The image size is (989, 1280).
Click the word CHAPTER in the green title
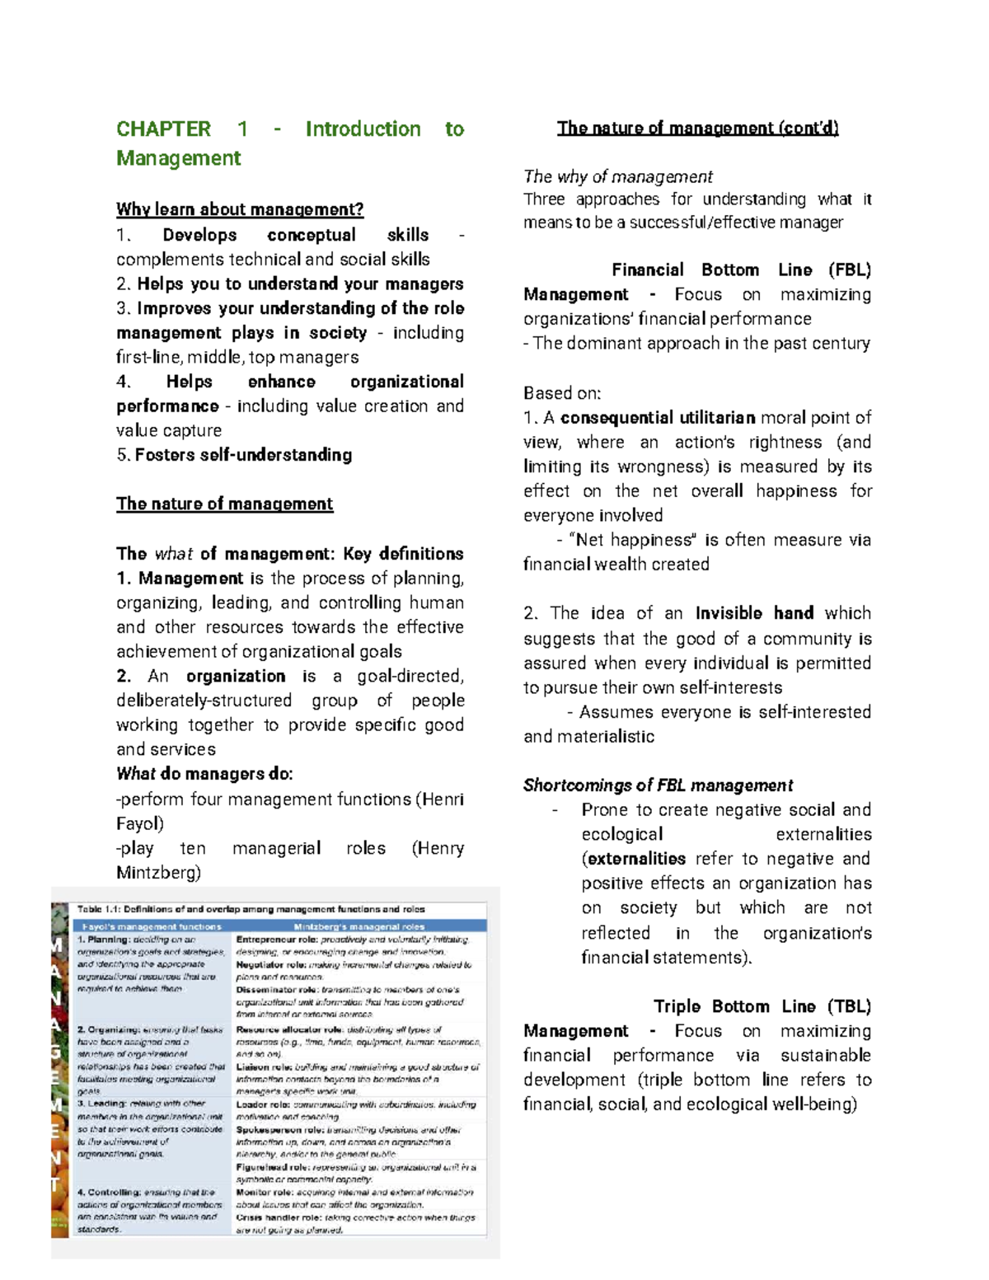click(x=163, y=129)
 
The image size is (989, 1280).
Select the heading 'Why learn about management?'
click(x=240, y=209)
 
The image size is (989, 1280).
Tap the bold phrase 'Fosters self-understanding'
click(x=243, y=455)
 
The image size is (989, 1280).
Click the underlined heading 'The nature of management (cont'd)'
click(x=697, y=128)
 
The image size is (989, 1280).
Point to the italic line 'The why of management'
click(x=617, y=176)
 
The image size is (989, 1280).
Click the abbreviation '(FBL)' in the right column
click(x=850, y=270)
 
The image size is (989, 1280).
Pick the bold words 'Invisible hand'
click(x=754, y=613)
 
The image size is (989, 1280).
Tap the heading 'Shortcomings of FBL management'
click(x=658, y=785)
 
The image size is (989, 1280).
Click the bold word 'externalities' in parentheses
click(x=635, y=859)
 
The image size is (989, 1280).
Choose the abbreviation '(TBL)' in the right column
click(x=851, y=1006)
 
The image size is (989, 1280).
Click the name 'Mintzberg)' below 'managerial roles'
click(x=158, y=873)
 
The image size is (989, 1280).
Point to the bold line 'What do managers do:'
click(x=204, y=774)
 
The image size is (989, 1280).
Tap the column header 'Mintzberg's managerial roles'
click(x=359, y=926)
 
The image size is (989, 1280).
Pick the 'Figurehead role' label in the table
click(x=273, y=1167)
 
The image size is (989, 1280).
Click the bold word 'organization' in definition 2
click(x=236, y=677)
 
